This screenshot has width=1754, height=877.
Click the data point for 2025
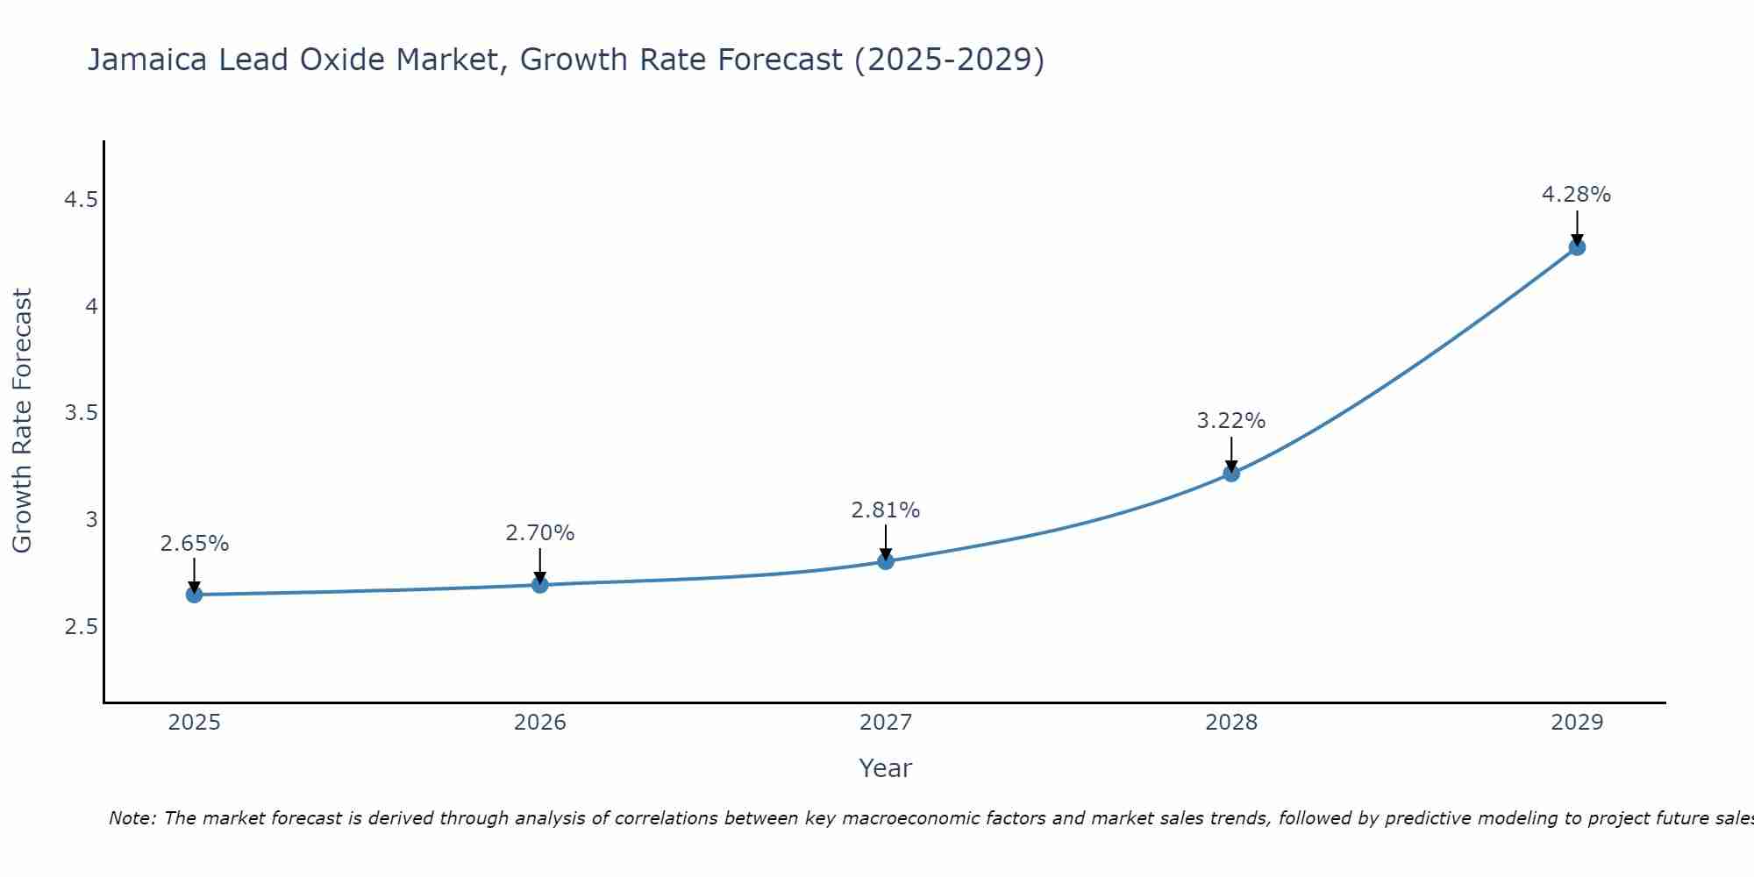[194, 595]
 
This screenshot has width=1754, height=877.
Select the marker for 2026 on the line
[540, 585]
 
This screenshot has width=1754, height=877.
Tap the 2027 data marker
[886, 561]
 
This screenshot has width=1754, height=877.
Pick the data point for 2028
[1231, 474]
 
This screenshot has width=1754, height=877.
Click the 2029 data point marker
[1577, 247]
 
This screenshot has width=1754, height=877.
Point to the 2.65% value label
[194, 544]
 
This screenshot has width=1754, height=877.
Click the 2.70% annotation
[540, 533]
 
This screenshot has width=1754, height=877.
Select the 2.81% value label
[886, 510]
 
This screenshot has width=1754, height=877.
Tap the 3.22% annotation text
[1231, 421]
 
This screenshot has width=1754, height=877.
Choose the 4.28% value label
[1577, 195]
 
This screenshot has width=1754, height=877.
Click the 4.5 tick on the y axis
[81, 200]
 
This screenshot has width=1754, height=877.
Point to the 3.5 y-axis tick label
[81, 413]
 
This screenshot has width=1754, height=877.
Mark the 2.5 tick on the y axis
[81, 627]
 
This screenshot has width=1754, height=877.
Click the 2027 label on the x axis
[886, 723]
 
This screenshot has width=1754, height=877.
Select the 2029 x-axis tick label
[1577, 723]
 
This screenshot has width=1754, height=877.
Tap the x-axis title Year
[886, 768]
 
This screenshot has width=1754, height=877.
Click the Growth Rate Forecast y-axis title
[23, 421]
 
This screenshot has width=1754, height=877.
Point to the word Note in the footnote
[132, 818]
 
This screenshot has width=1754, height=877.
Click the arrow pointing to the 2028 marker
[1231, 453]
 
